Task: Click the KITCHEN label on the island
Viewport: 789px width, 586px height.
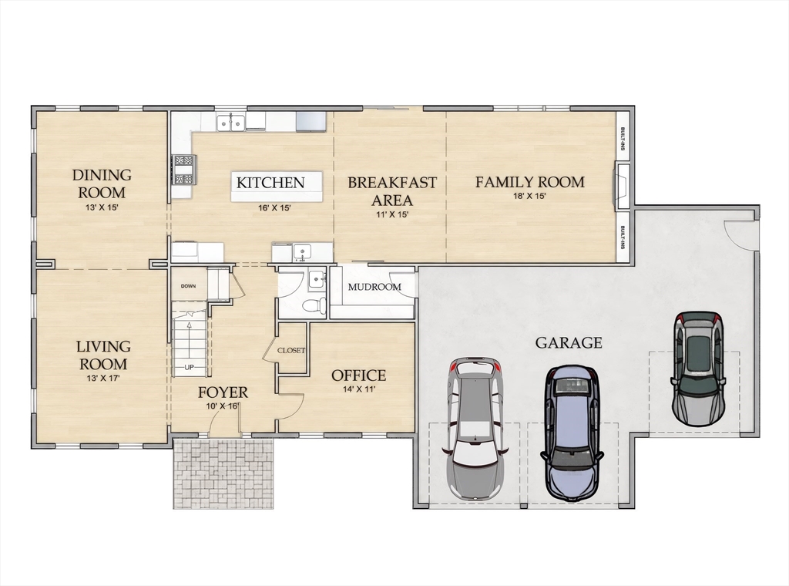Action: (270, 182)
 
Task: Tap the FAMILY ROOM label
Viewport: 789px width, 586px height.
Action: (530, 182)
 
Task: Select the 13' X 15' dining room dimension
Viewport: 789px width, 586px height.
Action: (102, 207)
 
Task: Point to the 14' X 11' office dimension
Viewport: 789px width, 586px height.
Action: (359, 389)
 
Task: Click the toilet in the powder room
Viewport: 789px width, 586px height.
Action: (314, 305)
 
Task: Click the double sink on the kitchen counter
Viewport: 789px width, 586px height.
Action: (231, 123)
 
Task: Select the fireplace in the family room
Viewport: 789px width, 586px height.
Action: (621, 187)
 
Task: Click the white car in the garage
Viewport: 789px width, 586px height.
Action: (475, 428)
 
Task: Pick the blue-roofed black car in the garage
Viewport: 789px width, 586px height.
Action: (572, 433)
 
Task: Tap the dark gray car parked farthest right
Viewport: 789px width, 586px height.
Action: (699, 368)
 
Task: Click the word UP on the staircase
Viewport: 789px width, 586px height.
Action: (189, 367)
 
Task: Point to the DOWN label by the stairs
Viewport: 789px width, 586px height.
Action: (188, 286)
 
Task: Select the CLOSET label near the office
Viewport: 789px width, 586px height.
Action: (291, 350)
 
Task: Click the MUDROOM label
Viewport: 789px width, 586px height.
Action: (374, 287)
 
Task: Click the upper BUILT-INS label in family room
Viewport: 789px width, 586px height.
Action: (623, 139)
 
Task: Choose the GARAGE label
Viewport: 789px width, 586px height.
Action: (569, 343)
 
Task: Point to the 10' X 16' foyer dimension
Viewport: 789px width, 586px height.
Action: (223, 406)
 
